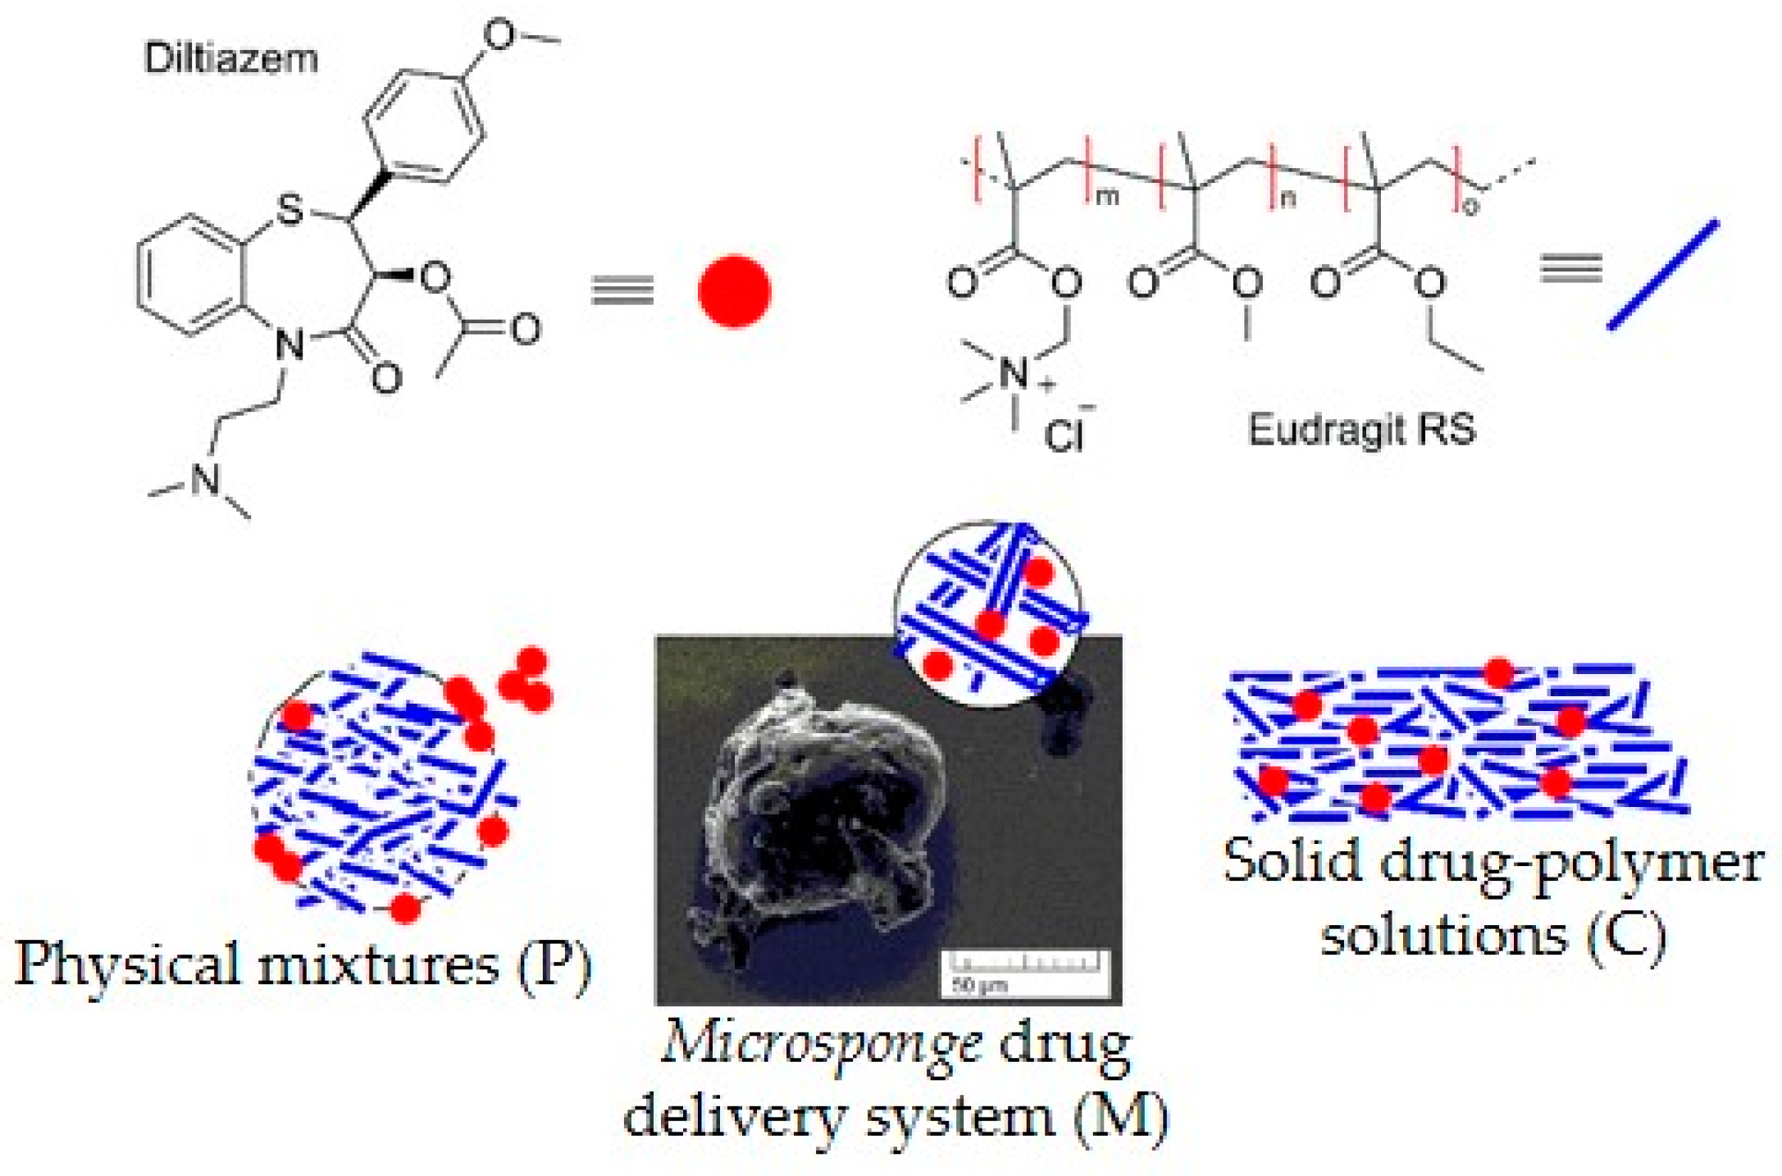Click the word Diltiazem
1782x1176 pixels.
pos(230,59)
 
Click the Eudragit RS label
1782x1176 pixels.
pos(1361,429)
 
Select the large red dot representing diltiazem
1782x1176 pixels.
pos(734,291)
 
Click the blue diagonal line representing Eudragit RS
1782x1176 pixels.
pos(1662,275)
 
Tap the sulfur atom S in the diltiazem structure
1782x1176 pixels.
pos(289,209)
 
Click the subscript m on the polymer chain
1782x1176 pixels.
pos(1108,197)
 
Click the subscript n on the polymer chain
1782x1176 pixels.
pos(1288,199)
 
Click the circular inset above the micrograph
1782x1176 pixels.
pos(988,613)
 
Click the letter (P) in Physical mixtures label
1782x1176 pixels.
pos(554,964)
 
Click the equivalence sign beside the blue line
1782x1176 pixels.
pos(1570,268)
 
